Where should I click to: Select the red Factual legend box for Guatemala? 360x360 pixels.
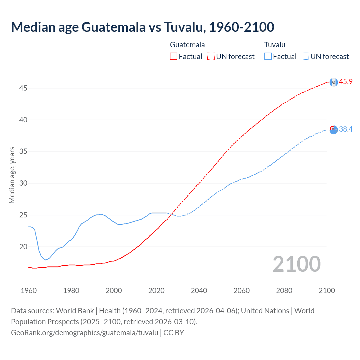click(174, 57)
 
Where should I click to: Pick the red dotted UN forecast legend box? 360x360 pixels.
click(211, 57)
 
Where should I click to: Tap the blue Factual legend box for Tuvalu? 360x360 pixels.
click(268, 57)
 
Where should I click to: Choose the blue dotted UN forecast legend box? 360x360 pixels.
click(305, 57)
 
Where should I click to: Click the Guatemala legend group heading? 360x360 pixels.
click(187, 45)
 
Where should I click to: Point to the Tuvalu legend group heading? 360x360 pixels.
click(275, 45)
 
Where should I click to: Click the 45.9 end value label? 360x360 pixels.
click(346, 82)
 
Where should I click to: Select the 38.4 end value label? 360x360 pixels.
click(346, 129)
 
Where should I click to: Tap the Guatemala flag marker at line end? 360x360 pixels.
click(334, 82)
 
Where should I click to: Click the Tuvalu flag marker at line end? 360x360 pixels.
click(334, 130)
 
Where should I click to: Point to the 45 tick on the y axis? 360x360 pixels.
click(23, 88)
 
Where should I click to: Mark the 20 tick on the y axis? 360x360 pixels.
click(23, 247)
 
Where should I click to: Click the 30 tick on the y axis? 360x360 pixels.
click(23, 183)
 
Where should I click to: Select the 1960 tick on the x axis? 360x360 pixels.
click(29, 291)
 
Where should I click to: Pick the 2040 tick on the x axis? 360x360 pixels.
click(199, 291)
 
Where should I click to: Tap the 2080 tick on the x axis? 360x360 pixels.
click(284, 291)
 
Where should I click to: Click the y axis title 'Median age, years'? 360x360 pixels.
click(12, 175)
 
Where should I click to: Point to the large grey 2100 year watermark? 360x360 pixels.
click(296, 264)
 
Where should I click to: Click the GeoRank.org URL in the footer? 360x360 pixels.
click(85, 333)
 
